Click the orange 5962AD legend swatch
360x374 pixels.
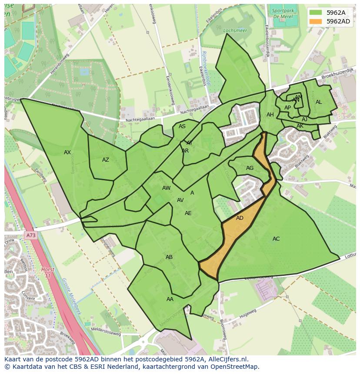click(316, 21)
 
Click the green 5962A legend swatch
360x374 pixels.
click(316, 13)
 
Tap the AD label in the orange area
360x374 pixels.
click(240, 218)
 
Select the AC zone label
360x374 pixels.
click(276, 239)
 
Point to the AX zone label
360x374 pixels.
click(67, 152)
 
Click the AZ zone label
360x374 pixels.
click(106, 160)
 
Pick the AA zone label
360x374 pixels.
click(170, 299)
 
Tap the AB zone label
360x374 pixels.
click(169, 257)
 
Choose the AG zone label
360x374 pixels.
click(250, 168)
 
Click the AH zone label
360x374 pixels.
click(270, 115)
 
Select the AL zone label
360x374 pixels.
click(319, 102)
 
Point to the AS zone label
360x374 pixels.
click(182, 126)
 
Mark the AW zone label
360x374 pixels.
click(166, 188)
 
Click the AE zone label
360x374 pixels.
click(188, 213)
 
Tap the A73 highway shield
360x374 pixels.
click(30, 235)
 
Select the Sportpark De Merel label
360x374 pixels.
click(283, 13)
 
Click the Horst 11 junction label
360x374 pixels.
click(48, 272)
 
